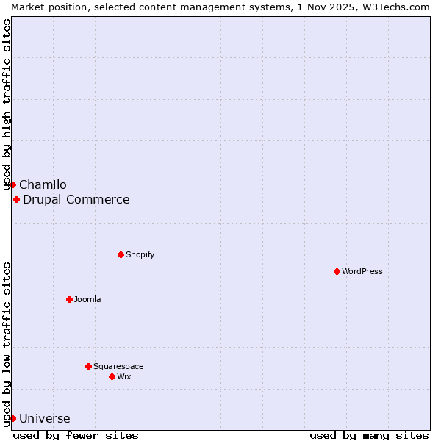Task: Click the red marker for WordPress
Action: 337,271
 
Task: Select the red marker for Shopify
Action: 121,254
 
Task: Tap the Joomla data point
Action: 69,299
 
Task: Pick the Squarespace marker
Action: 88,366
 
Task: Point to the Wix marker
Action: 112,376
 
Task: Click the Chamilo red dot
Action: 12,184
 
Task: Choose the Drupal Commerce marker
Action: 16,199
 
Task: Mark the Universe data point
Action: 12,418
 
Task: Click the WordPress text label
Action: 362,271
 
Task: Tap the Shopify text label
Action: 140,254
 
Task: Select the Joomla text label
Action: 87,299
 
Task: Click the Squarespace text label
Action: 118,366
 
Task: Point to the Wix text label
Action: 124,376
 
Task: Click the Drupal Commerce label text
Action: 76,199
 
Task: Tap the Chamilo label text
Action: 43,184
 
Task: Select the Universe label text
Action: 45,418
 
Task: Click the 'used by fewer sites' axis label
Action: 76,435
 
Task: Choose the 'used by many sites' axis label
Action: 369,435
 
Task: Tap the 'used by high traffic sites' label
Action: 7,103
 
